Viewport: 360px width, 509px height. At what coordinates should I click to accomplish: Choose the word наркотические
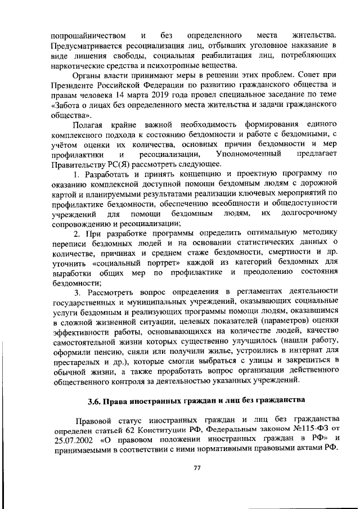[76, 65]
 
